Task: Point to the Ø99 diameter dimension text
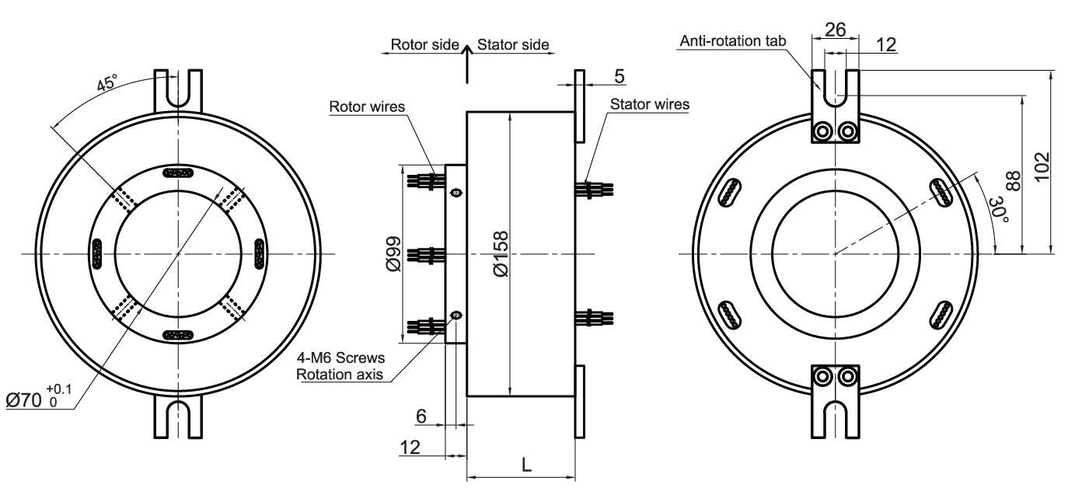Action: [x=394, y=254]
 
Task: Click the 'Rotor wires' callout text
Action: [x=367, y=106]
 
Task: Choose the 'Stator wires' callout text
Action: [x=650, y=103]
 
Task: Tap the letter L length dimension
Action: [x=526, y=465]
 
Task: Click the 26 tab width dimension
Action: [x=835, y=30]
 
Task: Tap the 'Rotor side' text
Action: [x=424, y=44]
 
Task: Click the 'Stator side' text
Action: [x=513, y=44]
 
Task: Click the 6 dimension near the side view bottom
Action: [x=421, y=417]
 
